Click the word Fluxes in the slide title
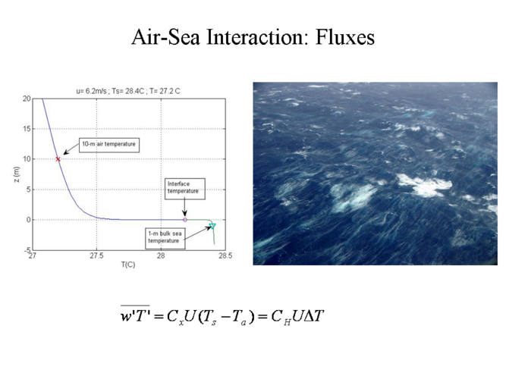click(x=345, y=37)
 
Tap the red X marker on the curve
click(x=58, y=159)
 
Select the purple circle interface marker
click(x=185, y=220)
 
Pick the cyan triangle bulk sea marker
click(x=212, y=226)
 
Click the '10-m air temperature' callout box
click(x=109, y=145)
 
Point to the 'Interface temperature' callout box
click(x=185, y=189)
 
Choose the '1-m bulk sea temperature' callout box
click(x=165, y=238)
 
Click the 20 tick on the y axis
click(x=27, y=99)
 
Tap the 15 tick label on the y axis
click(x=27, y=129)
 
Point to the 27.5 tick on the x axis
click(x=96, y=255)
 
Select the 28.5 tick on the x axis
click(x=225, y=255)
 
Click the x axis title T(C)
click(x=128, y=265)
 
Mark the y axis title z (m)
click(x=17, y=174)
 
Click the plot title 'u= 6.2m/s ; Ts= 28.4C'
click(x=110, y=91)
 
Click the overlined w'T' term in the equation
click(x=135, y=314)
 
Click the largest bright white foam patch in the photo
click(x=423, y=185)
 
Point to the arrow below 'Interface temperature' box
click(x=184, y=208)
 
